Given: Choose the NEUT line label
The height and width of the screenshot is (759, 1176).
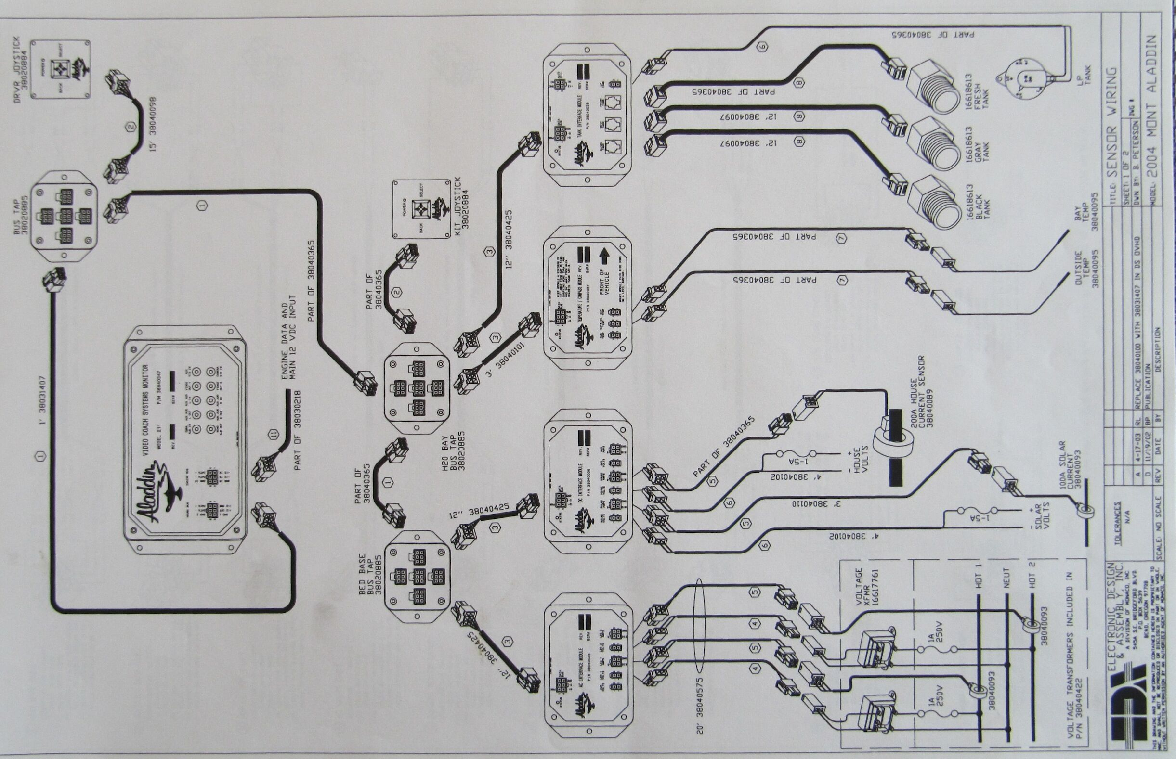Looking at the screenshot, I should (x=1006, y=577).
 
